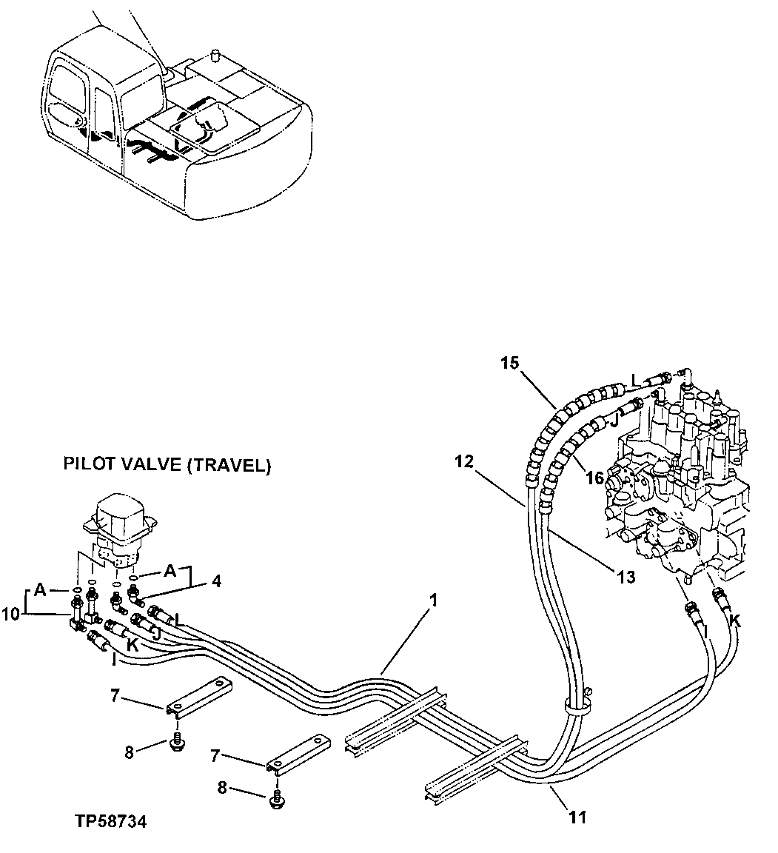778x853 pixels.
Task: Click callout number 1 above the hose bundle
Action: (433, 601)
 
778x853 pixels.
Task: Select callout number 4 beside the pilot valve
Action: (215, 582)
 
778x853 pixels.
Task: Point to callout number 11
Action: (578, 817)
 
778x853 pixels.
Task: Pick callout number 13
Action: (626, 576)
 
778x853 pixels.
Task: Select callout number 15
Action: (511, 363)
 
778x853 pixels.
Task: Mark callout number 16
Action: (594, 478)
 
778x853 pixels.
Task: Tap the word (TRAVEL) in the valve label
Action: (231, 466)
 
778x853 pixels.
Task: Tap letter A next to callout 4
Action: (170, 570)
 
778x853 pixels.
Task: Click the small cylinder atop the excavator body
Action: (217, 56)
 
